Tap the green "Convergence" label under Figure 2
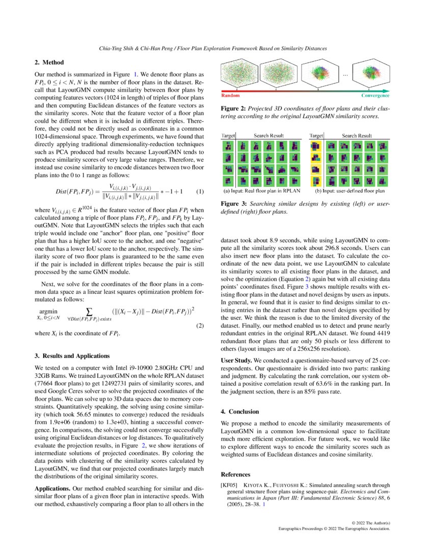pos(375,95)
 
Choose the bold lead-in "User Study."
pos(236,360)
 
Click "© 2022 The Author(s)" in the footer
pos(371,523)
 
